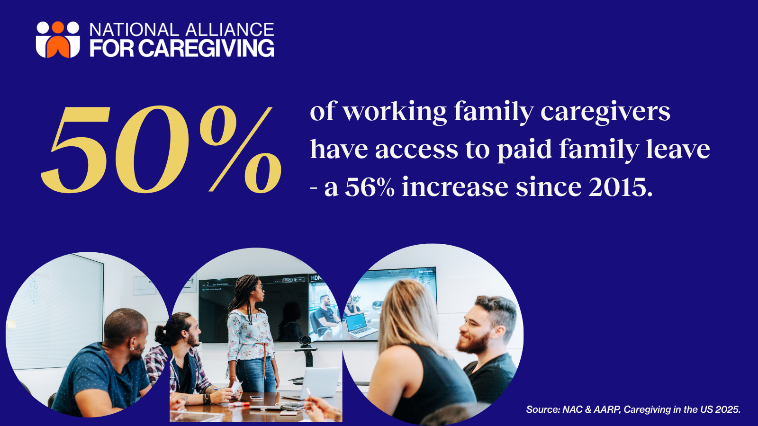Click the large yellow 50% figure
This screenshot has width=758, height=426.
[x=161, y=149]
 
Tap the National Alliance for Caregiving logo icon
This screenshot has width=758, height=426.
[x=58, y=40]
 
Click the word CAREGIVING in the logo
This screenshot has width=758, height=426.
[x=206, y=48]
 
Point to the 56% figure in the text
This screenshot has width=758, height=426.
[x=370, y=187]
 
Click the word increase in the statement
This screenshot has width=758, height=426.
[x=455, y=187]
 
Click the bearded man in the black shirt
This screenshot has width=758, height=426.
[x=487, y=352]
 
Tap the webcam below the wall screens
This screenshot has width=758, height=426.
[x=306, y=341]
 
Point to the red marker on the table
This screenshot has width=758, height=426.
[x=239, y=404]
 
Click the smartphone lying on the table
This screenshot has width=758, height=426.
[x=256, y=398]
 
